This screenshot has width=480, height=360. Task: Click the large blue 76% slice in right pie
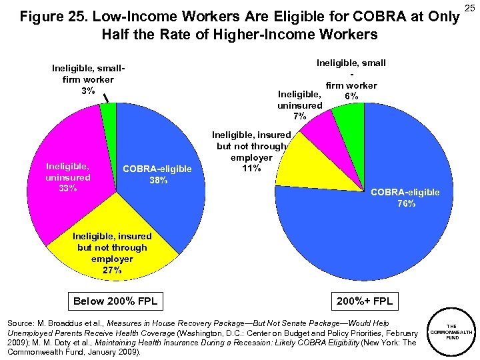(373, 233)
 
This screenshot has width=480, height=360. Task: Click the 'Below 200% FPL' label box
(115, 301)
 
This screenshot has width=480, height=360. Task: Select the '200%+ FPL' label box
(364, 301)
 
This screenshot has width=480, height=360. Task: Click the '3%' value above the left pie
(87, 91)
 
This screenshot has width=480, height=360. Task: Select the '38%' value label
(157, 180)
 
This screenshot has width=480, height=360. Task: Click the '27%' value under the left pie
(111, 270)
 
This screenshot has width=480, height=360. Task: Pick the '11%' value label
(251, 168)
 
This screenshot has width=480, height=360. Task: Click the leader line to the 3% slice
(106, 97)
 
